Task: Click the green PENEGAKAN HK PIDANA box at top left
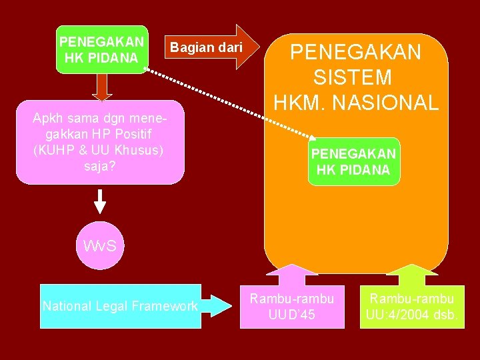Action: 101,50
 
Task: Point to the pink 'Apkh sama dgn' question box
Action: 100,141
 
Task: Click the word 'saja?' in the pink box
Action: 100,165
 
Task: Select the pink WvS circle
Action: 100,245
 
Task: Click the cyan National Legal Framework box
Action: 120,306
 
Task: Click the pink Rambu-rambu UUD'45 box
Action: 292,306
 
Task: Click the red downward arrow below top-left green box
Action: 101,87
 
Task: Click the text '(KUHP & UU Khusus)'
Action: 98,150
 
